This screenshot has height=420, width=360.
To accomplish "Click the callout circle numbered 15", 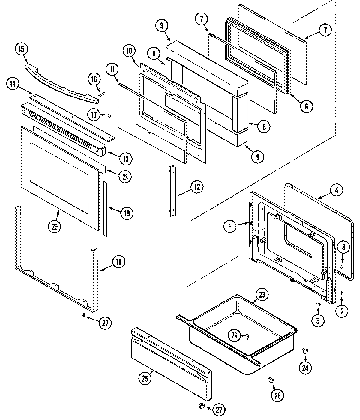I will click(22, 49).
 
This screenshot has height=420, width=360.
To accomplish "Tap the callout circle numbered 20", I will click(54, 227).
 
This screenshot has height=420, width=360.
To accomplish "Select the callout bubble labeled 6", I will click(307, 106).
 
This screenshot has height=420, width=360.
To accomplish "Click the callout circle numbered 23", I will click(262, 295).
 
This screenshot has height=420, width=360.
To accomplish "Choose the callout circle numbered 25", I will click(145, 379).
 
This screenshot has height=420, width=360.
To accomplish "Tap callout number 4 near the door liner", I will click(336, 190).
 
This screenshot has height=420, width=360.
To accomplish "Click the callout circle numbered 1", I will click(230, 227).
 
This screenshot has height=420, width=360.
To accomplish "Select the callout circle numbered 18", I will click(118, 262).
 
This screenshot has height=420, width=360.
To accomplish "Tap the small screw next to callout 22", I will click(84, 314).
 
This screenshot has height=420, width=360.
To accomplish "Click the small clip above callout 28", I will click(271, 380).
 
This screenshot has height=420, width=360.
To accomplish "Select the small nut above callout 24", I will click(305, 351).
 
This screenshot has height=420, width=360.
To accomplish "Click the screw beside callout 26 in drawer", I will click(248, 336).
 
